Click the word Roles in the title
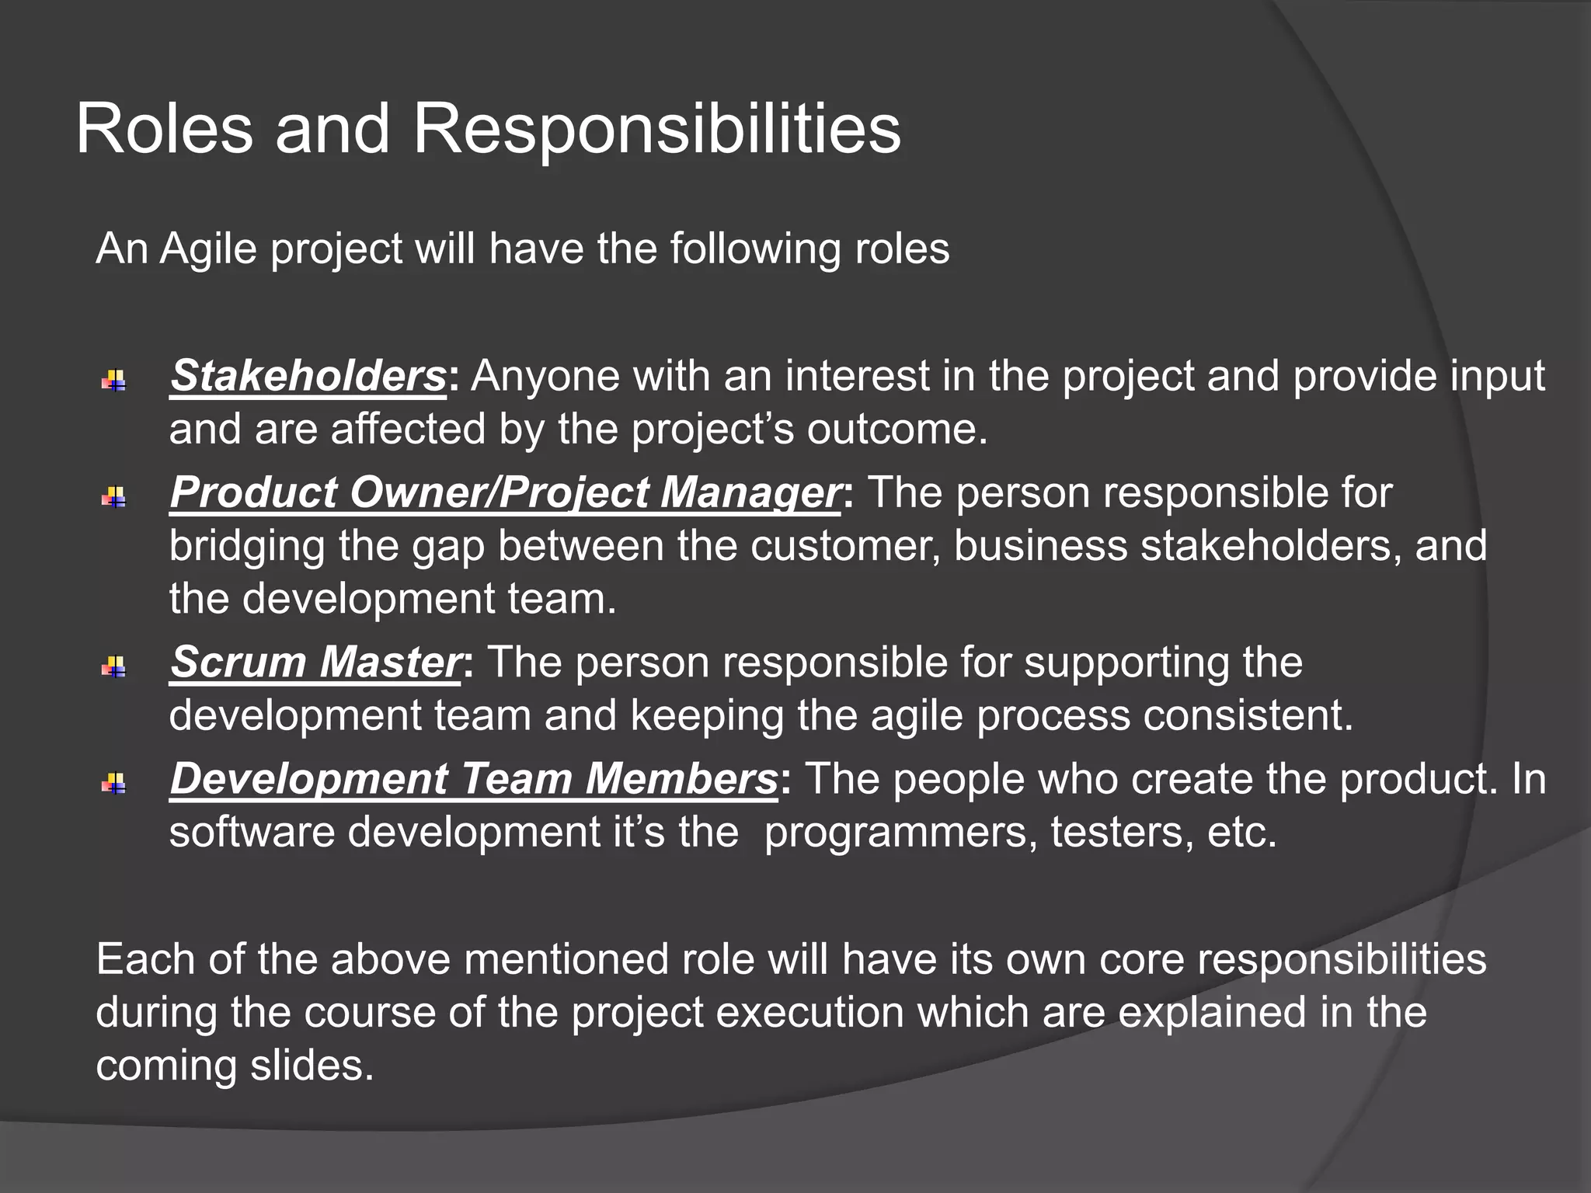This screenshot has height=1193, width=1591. pos(165,129)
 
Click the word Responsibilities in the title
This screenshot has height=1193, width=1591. pos(656,129)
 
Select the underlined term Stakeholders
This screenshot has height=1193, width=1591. pos(308,377)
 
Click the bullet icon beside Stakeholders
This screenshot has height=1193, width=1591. pos(113,381)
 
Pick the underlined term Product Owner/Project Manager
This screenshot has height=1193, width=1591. pos(505,493)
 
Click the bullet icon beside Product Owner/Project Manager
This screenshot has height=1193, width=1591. pos(113,497)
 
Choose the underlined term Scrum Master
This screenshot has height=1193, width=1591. pos(315,663)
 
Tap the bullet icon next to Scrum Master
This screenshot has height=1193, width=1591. pos(113,666)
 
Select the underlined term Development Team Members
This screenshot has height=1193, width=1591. pos(473,779)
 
